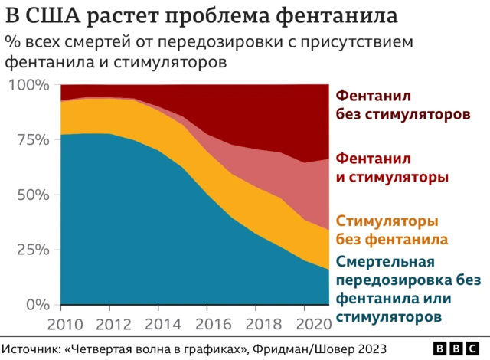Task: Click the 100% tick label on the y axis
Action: [x=28, y=84]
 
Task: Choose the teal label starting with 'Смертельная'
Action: [x=402, y=288]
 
